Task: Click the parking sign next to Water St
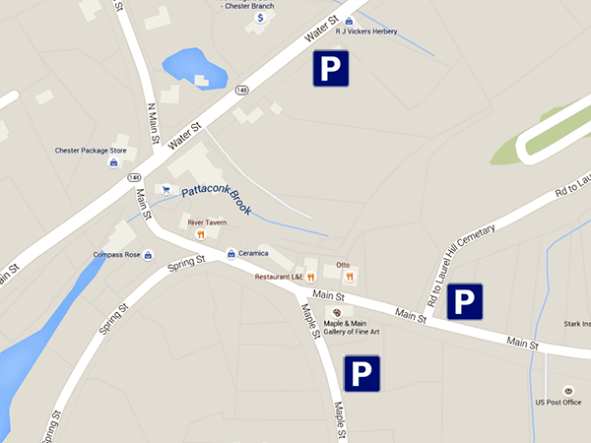[331, 68]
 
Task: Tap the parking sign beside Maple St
[361, 373]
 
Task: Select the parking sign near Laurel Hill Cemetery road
[465, 301]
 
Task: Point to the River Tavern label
[208, 222]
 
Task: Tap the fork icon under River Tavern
[200, 234]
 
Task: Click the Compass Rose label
[116, 255]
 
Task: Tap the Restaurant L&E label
[279, 277]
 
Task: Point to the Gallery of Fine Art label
[352, 331]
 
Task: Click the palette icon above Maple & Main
[331, 311]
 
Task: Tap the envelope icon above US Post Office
[567, 391]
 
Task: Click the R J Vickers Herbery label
[365, 32]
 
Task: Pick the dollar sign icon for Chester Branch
[260, 18]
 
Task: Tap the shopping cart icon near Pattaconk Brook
[165, 189]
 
